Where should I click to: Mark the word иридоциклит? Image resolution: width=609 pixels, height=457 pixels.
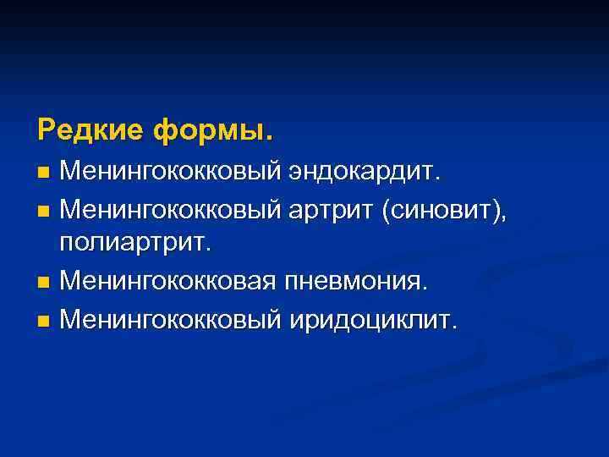point(373,320)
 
